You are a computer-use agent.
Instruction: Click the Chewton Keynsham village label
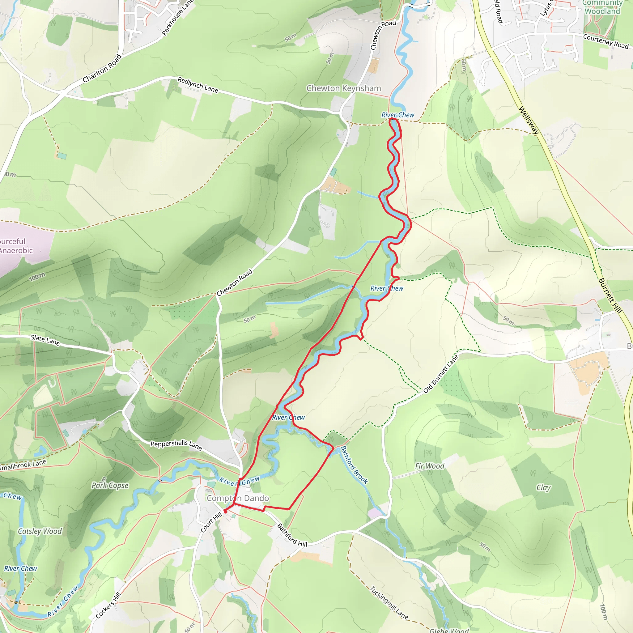[x=344, y=88]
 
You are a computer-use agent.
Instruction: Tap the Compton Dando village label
[x=238, y=498]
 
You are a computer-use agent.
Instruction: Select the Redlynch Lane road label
[x=198, y=84]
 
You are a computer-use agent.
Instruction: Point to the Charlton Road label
[x=102, y=69]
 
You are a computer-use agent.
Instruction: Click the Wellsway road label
[x=529, y=120]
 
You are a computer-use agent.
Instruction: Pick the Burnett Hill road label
[x=610, y=295]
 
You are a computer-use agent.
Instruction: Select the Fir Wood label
[x=430, y=466]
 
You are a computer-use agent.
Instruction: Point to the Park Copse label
[x=110, y=486]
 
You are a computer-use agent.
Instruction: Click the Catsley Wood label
[x=40, y=531]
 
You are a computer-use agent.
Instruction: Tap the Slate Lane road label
[x=45, y=340]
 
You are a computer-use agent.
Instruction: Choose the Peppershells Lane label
[x=176, y=445]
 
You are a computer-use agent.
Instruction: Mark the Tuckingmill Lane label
[x=389, y=603]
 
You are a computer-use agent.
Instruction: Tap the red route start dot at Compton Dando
[x=225, y=512]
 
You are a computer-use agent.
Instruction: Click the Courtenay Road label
[x=606, y=42]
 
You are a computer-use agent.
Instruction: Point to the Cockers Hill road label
[x=108, y=605]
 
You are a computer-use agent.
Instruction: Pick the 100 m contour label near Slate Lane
[x=37, y=277]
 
